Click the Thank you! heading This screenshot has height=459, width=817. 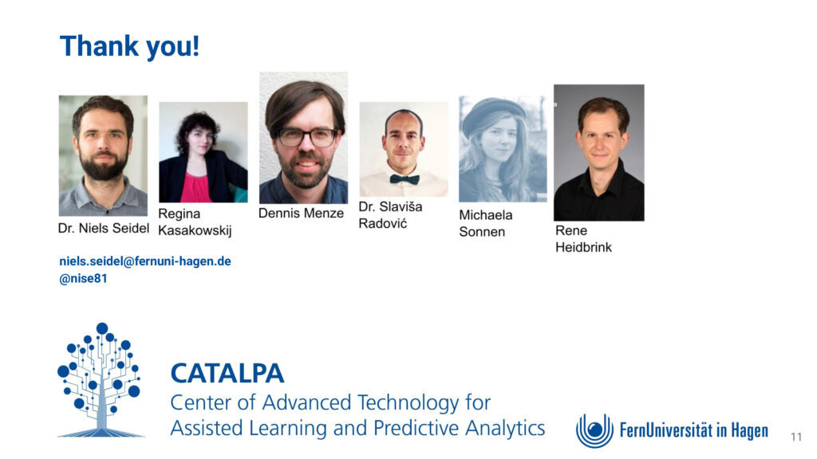130,45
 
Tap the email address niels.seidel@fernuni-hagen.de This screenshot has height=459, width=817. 145,261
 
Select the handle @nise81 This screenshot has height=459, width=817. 83,278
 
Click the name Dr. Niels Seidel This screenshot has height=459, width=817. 103,229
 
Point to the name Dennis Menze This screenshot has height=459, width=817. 301,214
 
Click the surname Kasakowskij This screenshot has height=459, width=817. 195,230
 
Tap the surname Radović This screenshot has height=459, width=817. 383,223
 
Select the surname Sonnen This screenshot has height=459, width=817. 482,232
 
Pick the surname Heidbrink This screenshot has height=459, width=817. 583,247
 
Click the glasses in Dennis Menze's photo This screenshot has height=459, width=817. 307,137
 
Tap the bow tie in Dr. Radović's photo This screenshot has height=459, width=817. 405,179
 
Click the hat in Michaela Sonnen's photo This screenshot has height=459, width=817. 493,115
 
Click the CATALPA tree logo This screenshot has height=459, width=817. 100,380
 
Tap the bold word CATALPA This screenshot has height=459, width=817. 227,374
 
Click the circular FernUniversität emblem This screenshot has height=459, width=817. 594,430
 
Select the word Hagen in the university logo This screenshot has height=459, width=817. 749,431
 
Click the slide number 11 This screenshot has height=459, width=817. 796,437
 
